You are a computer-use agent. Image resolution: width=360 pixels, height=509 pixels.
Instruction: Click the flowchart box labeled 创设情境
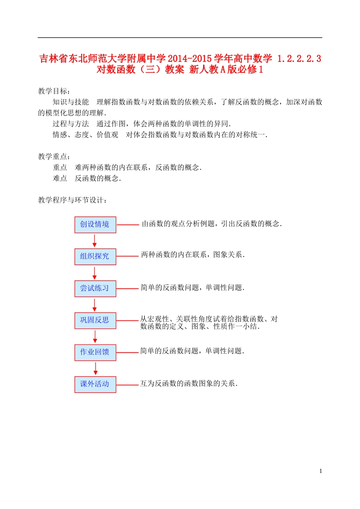tap(95, 225)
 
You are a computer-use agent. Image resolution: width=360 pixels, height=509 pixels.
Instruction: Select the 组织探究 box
tap(95, 256)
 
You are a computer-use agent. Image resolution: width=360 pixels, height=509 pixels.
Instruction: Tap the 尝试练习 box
tap(95, 289)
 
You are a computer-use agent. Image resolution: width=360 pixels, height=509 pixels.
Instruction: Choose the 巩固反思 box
tap(95, 320)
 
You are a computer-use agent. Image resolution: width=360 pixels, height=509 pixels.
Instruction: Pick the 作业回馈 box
tap(95, 352)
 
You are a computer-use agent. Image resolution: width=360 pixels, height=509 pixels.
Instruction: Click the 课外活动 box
tap(95, 384)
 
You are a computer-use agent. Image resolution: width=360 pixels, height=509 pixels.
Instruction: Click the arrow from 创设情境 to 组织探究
tap(95, 240)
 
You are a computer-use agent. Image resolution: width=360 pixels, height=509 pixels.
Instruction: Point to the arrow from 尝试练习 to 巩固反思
tap(95, 305)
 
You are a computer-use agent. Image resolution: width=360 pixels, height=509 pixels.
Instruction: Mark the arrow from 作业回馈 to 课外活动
tap(95, 368)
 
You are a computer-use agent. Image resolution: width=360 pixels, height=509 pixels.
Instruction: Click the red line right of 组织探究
tap(127, 256)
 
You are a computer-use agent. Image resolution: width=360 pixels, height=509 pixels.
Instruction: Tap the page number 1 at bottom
tap(321, 471)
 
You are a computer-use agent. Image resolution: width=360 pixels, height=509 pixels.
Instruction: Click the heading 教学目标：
tap(54, 91)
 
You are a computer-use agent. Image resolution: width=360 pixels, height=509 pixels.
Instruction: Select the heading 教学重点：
tap(54, 157)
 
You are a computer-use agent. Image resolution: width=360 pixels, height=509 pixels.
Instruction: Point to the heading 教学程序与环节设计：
tap(72, 200)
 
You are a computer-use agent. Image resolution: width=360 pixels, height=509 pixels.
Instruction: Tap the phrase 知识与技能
tap(71, 102)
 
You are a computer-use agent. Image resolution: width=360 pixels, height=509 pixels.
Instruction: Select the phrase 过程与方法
tap(71, 124)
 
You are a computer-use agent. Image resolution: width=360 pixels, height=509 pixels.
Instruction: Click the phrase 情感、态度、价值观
tap(85, 135)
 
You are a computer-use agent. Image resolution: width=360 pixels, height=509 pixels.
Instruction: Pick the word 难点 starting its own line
tap(60, 179)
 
